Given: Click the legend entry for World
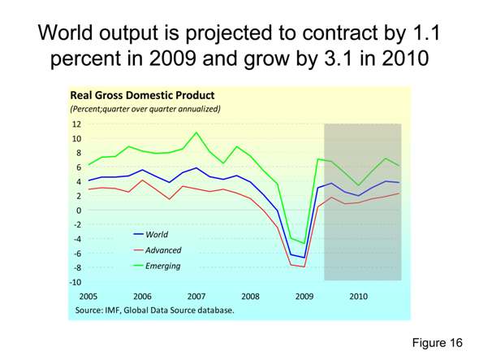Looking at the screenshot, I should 156,234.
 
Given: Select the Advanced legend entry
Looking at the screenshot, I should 162,250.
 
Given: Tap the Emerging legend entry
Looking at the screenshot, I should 162,266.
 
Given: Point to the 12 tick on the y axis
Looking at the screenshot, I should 76,124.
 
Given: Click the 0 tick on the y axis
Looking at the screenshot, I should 79,210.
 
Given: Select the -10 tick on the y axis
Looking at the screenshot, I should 76,282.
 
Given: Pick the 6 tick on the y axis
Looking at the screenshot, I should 79,167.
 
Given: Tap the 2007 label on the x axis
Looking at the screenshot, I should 196,296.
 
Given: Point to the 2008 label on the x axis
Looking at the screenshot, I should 251,296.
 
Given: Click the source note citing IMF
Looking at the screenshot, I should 154,310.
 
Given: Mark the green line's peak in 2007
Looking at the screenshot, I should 196,132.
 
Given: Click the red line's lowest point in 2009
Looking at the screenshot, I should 304,267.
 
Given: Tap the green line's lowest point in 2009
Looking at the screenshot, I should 304,243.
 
